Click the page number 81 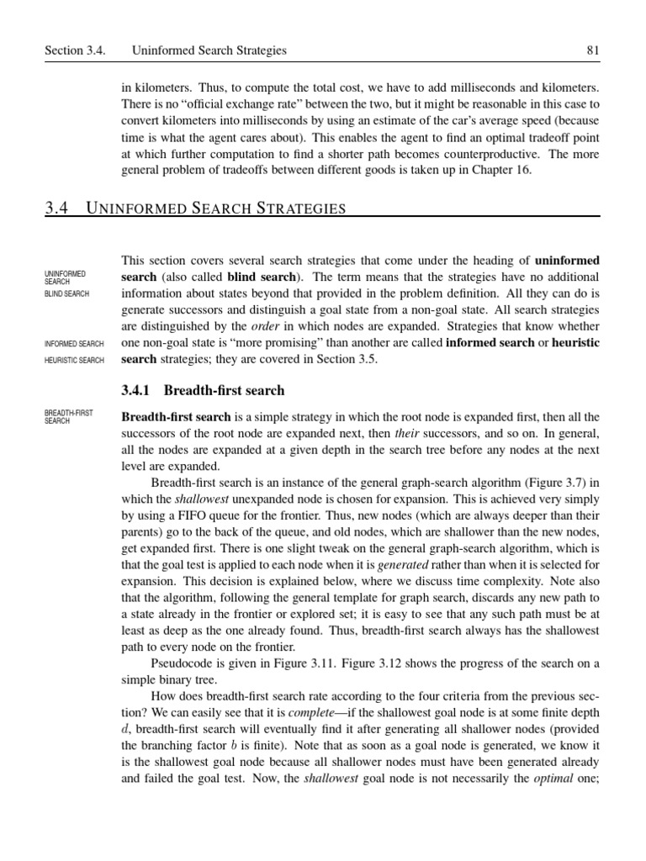[x=592, y=50]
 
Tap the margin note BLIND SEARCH [x=66, y=293]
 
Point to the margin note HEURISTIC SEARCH [x=74, y=361]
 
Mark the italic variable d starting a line [x=126, y=729]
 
